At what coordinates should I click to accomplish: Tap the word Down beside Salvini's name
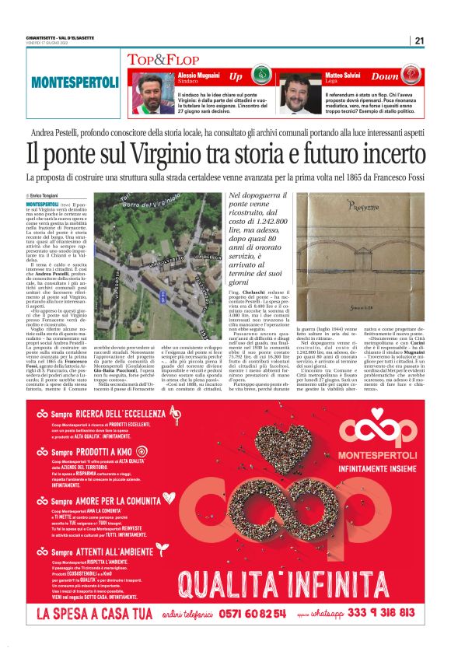tap(383, 77)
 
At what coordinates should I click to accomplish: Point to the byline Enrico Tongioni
tap(47, 195)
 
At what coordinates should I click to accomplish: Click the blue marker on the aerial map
tap(162, 296)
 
